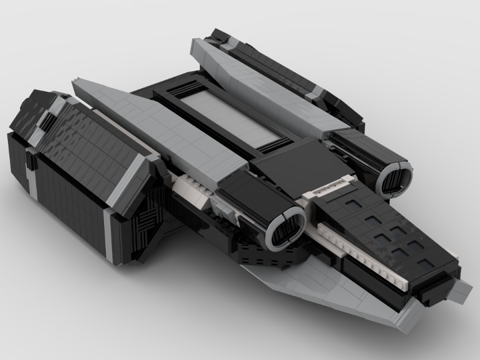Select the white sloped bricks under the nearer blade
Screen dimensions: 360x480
(193, 190)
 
